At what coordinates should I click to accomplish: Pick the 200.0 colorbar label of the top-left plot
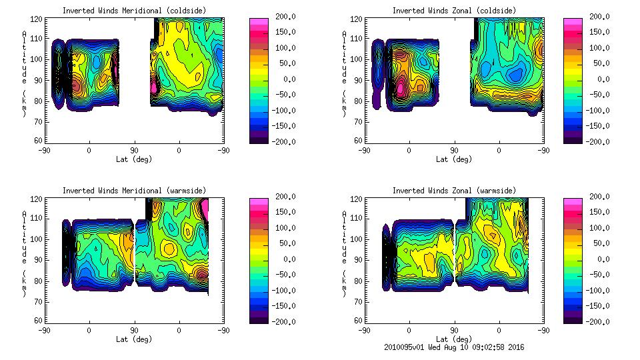pos(286,17)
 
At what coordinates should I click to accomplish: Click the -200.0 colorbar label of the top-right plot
pos(600,141)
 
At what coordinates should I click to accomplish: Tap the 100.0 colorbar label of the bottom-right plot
pos(600,228)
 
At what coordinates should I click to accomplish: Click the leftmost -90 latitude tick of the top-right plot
pos(363,150)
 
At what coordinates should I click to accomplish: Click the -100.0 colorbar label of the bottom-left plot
pos(284,291)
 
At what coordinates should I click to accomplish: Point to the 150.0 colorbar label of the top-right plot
pos(600,32)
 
